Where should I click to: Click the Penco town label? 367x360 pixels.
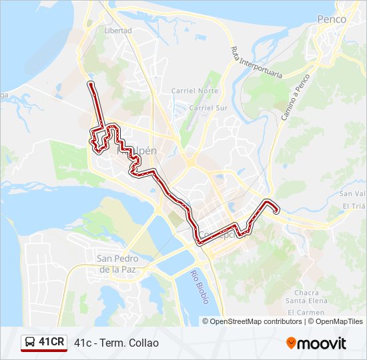[x=332, y=19]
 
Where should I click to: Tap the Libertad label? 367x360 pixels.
[x=118, y=31]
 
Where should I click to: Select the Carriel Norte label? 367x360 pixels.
[x=195, y=91]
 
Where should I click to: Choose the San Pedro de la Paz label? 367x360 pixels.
[x=117, y=264]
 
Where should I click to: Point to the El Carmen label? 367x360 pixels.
[x=306, y=312]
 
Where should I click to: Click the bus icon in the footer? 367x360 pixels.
[x=30, y=343]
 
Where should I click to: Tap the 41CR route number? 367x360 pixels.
[x=51, y=343]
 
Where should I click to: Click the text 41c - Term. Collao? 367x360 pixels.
[x=117, y=343]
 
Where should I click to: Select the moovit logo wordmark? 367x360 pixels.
[x=322, y=343]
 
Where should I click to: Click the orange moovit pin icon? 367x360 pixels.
[x=291, y=343]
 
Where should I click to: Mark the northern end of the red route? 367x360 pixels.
[x=90, y=83]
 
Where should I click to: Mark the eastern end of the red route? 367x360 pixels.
[x=276, y=211]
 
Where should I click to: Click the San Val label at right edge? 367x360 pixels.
[x=352, y=193]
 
